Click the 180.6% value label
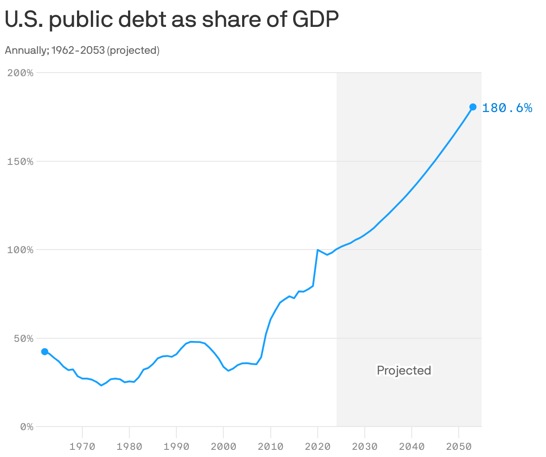[x=507, y=108]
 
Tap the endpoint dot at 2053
[x=473, y=107]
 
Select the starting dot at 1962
[x=45, y=352]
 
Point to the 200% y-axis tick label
[x=21, y=73]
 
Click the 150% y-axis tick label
[x=21, y=162]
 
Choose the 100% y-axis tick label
[x=21, y=250]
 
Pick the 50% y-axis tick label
[x=23, y=339]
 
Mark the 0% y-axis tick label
[x=26, y=427]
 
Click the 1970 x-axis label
[x=82, y=447]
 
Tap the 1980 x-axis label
[x=129, y=447]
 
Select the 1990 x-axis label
[x=176, y=447]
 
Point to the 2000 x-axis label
[x=223, y=447]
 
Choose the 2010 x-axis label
[x=270, y=447]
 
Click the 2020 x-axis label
[x=317, y=447]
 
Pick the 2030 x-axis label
[x=365, y=447]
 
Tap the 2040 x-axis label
[x=412, y=447]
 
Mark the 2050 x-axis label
[x=459, y=447]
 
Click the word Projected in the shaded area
[x=404, y=371]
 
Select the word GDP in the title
[x=315, y=21]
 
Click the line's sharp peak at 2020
[x=317, y=250]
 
